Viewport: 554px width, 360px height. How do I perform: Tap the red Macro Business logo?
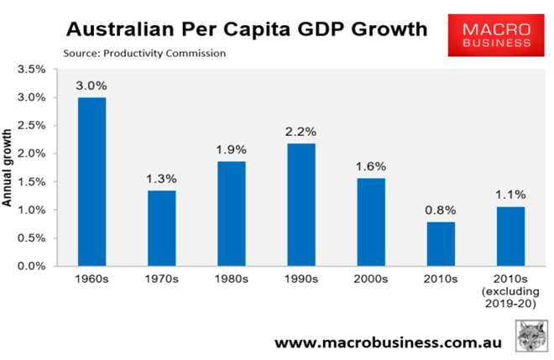click(x=489, y=37)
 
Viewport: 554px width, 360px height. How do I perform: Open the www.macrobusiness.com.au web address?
click(x=385, y=342)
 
